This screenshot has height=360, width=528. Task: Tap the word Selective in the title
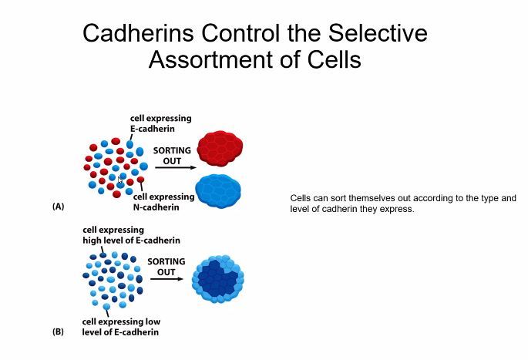point(376,34)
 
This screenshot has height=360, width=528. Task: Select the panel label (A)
point(58,207)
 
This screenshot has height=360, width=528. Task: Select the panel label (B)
point(58,332)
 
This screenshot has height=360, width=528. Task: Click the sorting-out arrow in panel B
point(166,278)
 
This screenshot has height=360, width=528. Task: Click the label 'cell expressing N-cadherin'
point(170,202)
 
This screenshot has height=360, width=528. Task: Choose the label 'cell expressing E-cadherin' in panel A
point(160,123)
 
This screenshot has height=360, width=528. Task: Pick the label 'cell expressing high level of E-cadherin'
point(126,234)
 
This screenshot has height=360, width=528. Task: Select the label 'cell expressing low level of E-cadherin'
point(121,327)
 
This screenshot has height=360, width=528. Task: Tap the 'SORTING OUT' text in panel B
point(166,267)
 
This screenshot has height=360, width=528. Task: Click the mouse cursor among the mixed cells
point(121,179)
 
